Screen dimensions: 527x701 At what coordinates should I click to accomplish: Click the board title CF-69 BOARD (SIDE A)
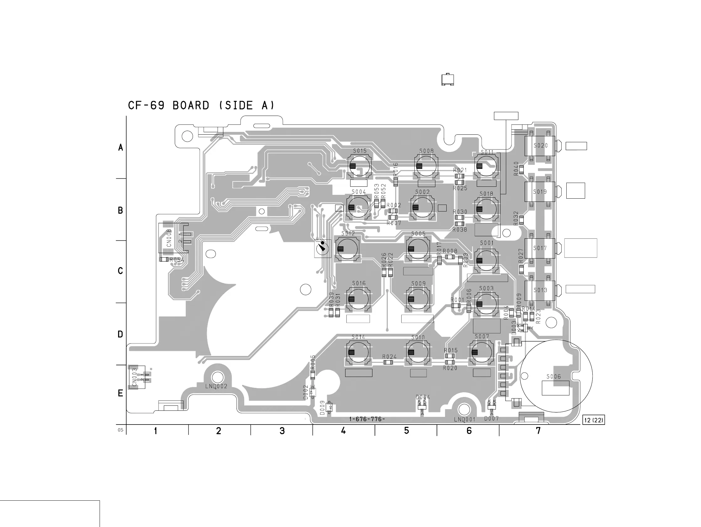click(x=201, y=105)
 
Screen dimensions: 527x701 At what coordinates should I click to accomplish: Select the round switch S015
click(x=359, y=166)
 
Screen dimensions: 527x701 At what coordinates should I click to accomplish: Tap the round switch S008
click(x=426, y=166)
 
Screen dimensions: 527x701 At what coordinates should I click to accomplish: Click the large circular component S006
click(x=556, y=376)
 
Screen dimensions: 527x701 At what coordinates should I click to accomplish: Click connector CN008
click(x=173, y=238)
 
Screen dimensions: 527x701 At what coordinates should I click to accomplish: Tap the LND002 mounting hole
click(x=217, y=377)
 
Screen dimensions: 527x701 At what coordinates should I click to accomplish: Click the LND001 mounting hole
click(x=464, y=410)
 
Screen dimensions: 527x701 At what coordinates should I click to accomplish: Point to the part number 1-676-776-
click(x=367, y=419)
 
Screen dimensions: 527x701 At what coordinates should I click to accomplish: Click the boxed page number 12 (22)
click(x=594, y=420)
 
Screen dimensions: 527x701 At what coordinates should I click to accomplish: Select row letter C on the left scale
click(x=120, y=271)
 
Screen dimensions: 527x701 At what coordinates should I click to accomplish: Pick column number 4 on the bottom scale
click(x=343, y=430)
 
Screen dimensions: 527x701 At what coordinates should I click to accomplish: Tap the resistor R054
click(x=164, y=259)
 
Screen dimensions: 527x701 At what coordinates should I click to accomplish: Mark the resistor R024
click(x=388, y=363)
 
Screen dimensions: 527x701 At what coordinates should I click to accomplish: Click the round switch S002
click(x=422, y=207)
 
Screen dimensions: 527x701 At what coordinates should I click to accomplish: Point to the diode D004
click(x=422, y=407)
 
